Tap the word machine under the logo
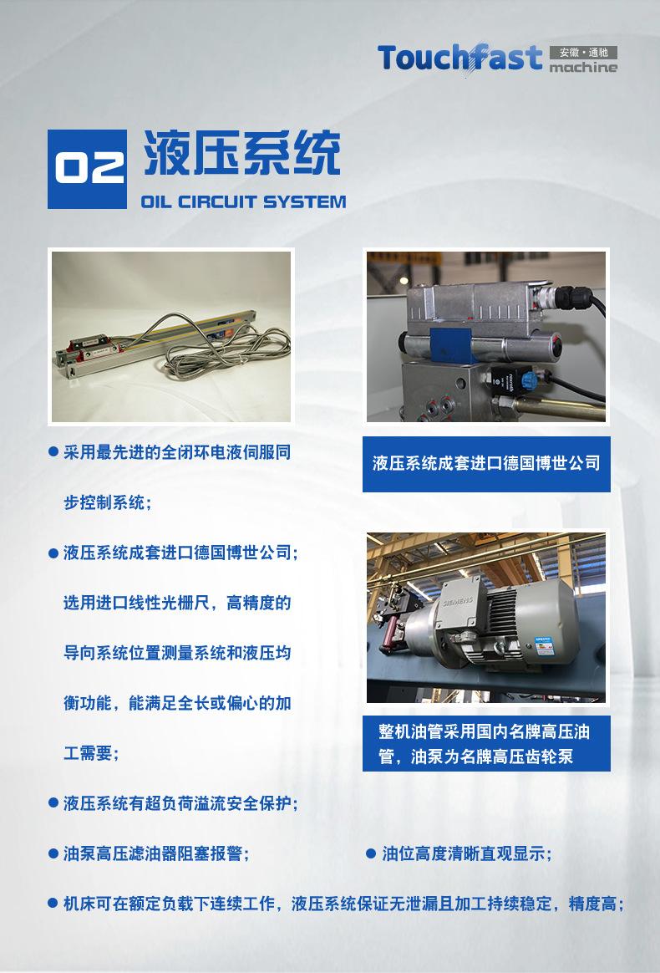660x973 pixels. point(584,68)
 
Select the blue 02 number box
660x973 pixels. point(87,168)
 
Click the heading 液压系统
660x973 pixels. point(242,153)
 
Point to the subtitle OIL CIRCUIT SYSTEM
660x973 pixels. point(243,201)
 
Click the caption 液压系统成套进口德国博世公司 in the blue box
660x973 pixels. point(486,463)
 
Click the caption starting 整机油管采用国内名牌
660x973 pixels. point(485,743)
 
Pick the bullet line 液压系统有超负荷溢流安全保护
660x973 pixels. point(180,803)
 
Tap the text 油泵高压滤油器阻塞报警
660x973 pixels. point(155,853)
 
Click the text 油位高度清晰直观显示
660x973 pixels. point(466,853)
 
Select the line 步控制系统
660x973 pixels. point(108,502)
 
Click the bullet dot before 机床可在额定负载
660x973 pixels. point(53,904)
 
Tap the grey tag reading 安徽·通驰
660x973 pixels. point(584,52)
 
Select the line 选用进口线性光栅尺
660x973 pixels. point(177,603)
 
